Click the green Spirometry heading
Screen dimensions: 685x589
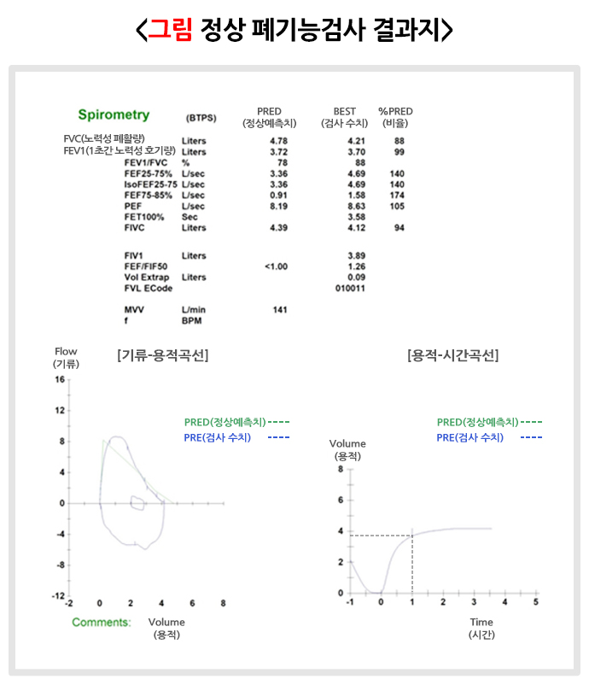(114, 114)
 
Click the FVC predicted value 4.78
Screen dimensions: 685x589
(278, 140)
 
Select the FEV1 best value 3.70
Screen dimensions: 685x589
(357, 151)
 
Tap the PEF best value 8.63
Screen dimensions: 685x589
(357, 206)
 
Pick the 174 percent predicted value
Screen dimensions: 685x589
(397, 195)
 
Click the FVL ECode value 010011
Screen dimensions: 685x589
(351, 288)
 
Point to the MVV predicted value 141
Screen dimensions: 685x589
(279, 309)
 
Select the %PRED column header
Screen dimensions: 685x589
(395, 112)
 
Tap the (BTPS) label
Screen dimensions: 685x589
(201, 118)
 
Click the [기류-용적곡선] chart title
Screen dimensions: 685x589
(162, 355)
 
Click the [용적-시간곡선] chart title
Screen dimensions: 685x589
(453, 355)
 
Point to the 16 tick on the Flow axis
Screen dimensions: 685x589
(61, 378)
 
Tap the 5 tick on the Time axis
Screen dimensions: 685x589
(535, 602)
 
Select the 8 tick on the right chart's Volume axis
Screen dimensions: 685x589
(340, 469)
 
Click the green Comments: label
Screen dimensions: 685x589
(102, 622)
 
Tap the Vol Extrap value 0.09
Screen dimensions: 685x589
(357, 278)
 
